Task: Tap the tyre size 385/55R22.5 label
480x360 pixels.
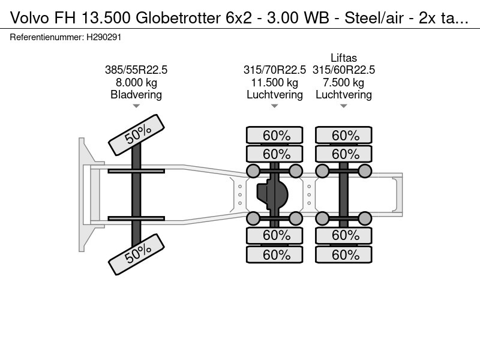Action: coord(136,70)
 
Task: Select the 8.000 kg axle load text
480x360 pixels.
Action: coord(136,82)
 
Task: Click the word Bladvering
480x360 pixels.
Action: coord(136,95)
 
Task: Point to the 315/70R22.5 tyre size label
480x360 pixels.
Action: coord(275,70)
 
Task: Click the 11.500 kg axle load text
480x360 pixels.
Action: coord(275,82)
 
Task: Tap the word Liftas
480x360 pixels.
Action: coord(344,58)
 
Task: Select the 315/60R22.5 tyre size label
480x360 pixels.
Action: coord(344,70)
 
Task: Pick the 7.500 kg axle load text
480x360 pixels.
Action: coord(344,82)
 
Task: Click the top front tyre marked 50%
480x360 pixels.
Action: coord(136,136)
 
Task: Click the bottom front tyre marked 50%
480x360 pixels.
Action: coord(136,253)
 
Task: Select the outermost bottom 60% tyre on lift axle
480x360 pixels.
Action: coord(345,254)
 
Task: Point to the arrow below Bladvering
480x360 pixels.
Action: coord(136,106)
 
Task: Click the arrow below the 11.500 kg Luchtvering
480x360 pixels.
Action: coord(275,106)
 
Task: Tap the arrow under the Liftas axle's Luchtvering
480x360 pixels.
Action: coord(344,106)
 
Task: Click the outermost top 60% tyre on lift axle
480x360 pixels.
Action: coord(345,136)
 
